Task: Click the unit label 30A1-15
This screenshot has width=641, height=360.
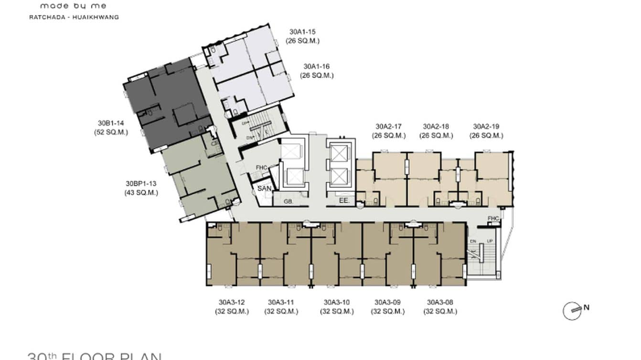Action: click(x=302, y=32)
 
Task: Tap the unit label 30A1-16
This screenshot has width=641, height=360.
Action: click(x=317, y=67)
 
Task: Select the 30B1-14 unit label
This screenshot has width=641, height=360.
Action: click(x=111, y=124)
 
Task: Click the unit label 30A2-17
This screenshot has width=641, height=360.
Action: click(x=388, y=127)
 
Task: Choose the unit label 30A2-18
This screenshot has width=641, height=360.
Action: click(x=436, y=127)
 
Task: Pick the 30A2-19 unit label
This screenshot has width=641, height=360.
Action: click(x=486, y=127)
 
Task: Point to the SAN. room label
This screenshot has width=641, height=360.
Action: click(x=264, y=189)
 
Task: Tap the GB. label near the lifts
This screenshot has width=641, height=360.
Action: click(x=288, y=202)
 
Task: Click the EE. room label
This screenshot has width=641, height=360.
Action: click(x=344, y=201)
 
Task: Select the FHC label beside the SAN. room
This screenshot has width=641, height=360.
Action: click(x=261, y=168)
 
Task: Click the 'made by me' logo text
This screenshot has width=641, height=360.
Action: click(x=73, y=6)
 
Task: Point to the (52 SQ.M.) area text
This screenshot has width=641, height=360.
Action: click(x=111, y=133)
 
